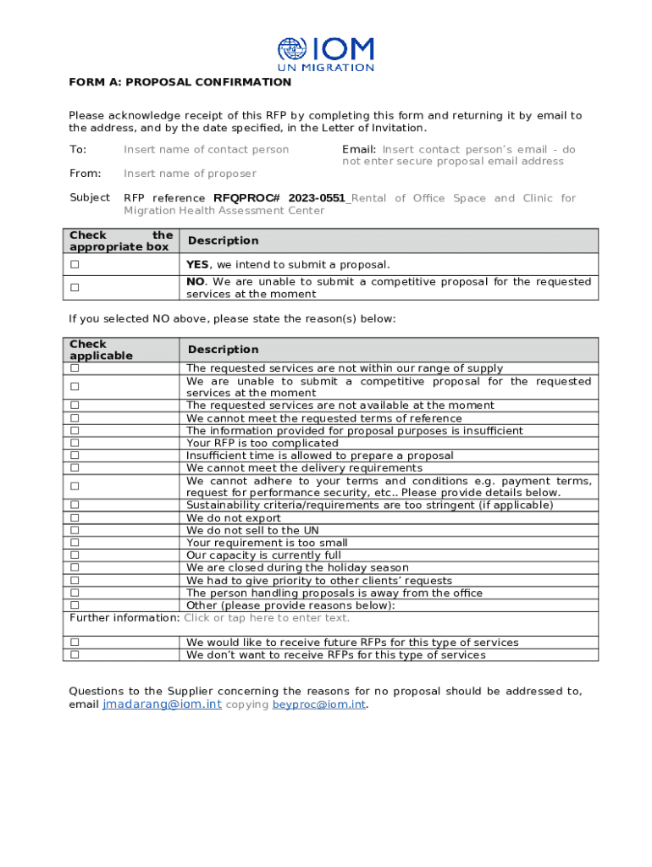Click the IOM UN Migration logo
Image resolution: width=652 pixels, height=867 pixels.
pyautogui.click(x=326, y=54)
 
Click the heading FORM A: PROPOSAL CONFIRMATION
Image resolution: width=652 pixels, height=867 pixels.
pyautogui.click(x=180, y=82)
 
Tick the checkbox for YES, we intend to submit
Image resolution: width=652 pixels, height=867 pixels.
pyautogui.click(x=75, y=265)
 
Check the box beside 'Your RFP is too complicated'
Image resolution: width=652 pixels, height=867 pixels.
pyautogui.click(x=75, y=443)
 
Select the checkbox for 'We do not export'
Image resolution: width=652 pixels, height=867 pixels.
pyautogui.click(x=75, y=517)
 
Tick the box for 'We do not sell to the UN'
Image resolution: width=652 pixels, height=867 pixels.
pyautogui.click(x=75, y=530)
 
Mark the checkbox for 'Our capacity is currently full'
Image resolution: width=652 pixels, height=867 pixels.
pyautogui.click(x=75, y=555)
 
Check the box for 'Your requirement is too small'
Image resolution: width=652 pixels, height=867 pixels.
pyautogui.click(x=75, y=543)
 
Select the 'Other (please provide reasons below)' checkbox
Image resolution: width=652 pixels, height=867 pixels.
pyautogui.click(x=75, y=605)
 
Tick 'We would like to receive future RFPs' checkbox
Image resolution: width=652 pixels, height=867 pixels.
pyautogui.click(x=75, y=643)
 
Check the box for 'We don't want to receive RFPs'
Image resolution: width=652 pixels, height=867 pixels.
pyautogui.click(x=75, y=654)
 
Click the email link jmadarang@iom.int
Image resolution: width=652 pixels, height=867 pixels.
pyautogui.click(x=162, y=704)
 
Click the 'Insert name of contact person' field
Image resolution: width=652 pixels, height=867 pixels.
pyautogui.click(x=206, y=150)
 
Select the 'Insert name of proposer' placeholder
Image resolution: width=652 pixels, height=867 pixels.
pyautogui.click(x=190, y=174)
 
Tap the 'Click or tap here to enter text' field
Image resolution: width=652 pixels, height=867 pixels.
pyautogui.click(x=267, y=618)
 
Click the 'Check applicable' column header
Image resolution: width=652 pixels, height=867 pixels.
pyautogui.click(x=101, y=350)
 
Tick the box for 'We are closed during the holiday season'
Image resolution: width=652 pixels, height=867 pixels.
pyautogui.click(x=75, y=567)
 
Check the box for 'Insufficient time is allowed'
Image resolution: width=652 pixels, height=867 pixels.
pyautogui.click(x=75, y=456)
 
